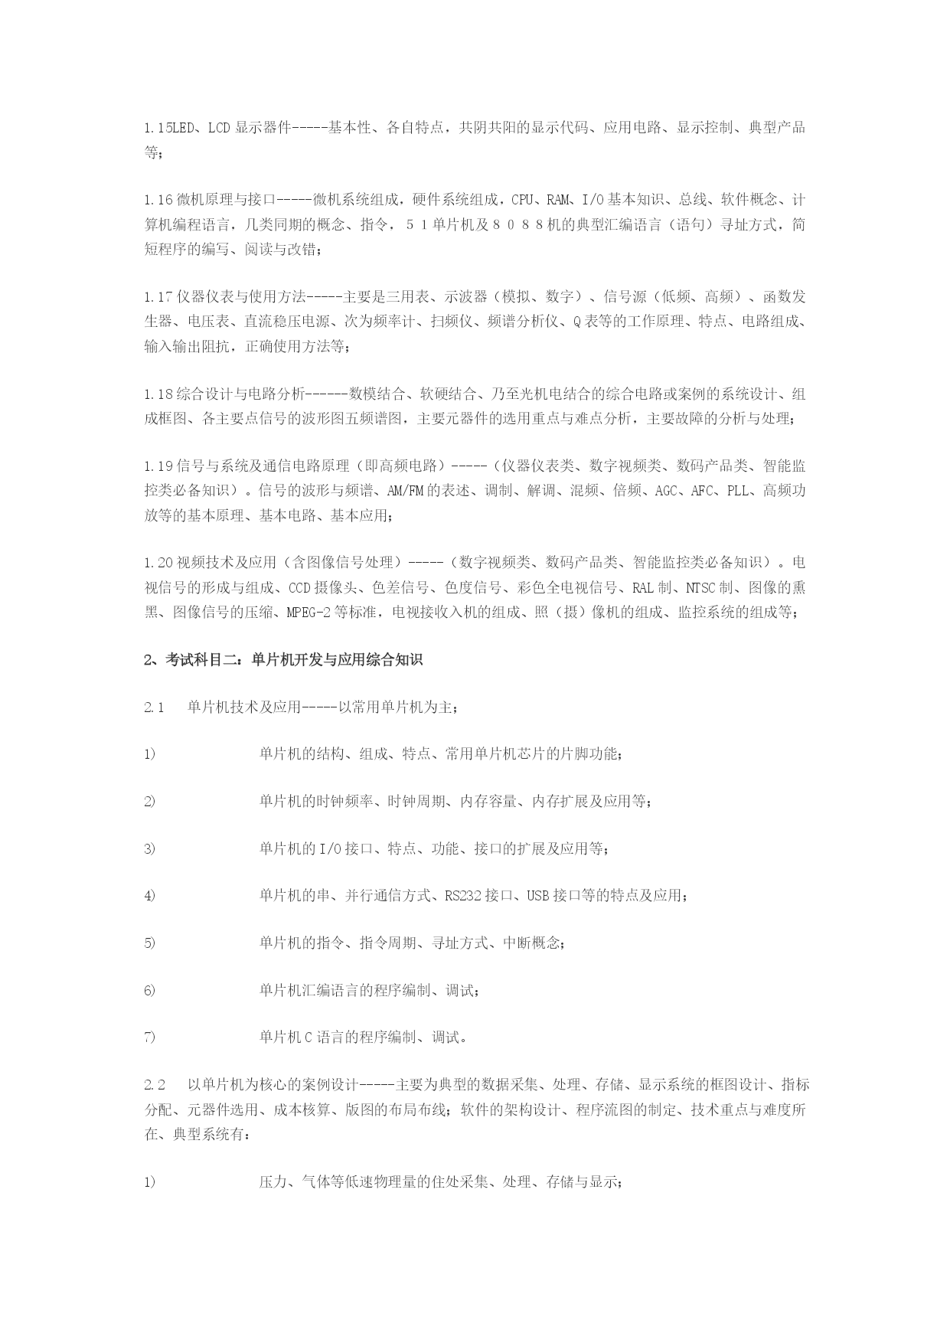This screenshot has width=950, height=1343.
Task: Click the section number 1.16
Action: click(x=158, y=201)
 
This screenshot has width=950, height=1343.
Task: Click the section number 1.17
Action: click(x=158, y=296)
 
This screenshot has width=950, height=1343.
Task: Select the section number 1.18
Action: click(x=158, y=394)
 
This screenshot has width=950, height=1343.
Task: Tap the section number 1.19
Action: click(x=158, y=466)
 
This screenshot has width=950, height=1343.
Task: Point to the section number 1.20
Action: click(x=158, y=563)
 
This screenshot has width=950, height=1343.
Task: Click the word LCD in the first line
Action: click(x=220, y=128)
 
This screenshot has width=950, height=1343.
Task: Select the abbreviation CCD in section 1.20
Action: click(x=300, y=588)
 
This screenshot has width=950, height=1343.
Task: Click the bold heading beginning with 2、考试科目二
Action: click(x=283, y=660)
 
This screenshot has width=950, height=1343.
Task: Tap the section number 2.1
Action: click(x=154, y=707)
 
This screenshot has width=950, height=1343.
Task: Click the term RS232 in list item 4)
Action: click(x=462, y=895)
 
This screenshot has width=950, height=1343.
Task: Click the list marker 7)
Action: click(x=149, y=1037)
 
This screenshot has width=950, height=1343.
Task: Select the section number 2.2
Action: click(x=155, y=1085)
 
